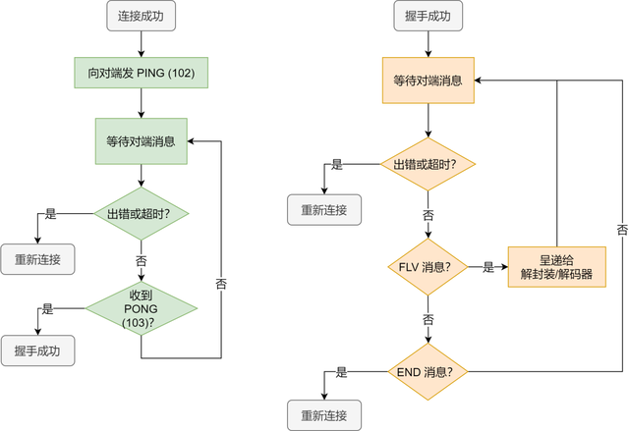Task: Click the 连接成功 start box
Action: click(x=141, y=16)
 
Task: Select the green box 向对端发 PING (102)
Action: click(x=142, y=73)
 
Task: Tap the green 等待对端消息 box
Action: click(x=142, y=141)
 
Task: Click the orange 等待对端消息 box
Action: click(x=429, y=81)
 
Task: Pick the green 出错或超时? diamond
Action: click(x=142, y=213)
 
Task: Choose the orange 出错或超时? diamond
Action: click(x=429, y=164)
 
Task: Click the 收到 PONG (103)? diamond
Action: click(x=142, y=308)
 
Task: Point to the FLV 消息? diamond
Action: click(x=429, y=267)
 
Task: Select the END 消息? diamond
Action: click(x=429, y=372)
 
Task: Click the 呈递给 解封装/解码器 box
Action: click(x=557, y=267)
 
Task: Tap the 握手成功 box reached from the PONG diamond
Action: click(x=37, y=350)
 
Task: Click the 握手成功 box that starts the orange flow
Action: click(x=429, y=16)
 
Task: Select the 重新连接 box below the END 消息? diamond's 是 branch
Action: click(x=324, y=415)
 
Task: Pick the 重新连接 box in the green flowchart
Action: click(x=37, y=259)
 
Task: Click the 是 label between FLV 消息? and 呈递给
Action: click(x=488, y=267)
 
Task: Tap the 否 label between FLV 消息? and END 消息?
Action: click(x=429, y=320)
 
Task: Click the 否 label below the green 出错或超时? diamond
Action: click(x=142, y=261)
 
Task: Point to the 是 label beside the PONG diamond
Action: click(x=48, y=309)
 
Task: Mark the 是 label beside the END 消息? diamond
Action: click(x=341, y=372)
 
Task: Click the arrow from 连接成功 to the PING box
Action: click(x=142, y=44)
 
